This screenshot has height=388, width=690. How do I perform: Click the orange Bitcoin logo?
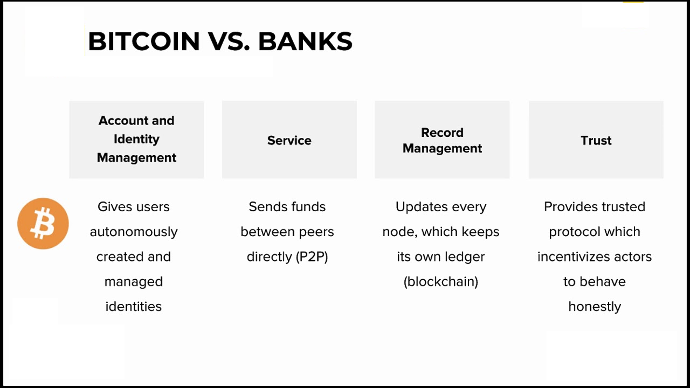[x=43, y=224]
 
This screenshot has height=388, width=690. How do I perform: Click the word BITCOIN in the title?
[x=143, y=41]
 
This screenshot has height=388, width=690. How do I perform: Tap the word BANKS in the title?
[x=305, y=41]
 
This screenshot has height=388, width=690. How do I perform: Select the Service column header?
[x=289, y=140]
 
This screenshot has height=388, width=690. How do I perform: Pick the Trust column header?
[x=596, y=140]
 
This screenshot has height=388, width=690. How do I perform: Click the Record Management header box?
[x=442, y=140]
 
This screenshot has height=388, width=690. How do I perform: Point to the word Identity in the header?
[x=136, y=139]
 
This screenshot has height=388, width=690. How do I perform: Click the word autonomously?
[x=134, y=232]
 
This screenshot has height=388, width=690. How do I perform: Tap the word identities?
[x=134, y=307]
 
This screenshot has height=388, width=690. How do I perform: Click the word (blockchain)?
[x=441, y=282]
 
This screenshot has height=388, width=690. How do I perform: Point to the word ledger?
[x=465, y=257]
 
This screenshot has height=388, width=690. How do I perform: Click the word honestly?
[x=595, y=307]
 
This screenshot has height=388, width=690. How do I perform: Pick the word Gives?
[x=112, y=207]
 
